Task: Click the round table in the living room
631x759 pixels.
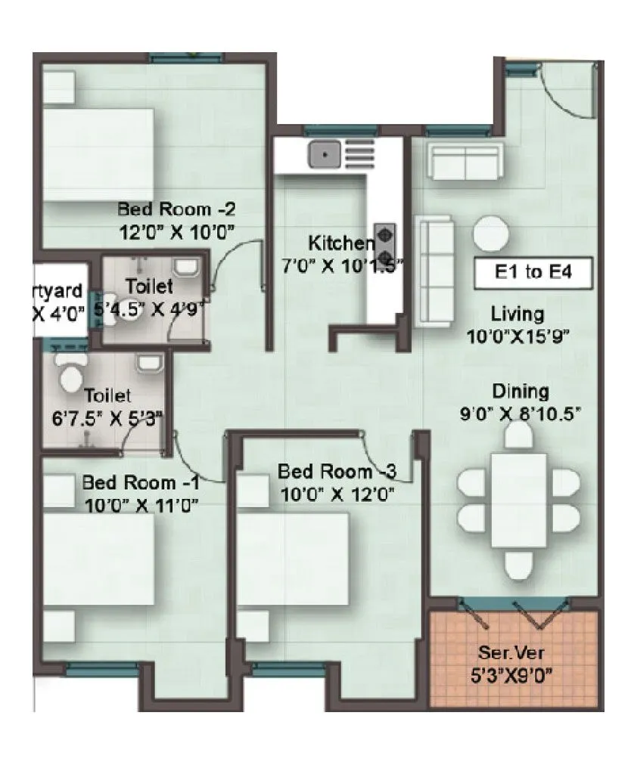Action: coord(493,234)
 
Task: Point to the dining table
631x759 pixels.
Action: coord(518,500)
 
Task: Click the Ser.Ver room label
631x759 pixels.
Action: coord(514,652)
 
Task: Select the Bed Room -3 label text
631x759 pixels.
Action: coord(337,472)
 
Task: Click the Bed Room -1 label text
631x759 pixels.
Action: coord(141,482)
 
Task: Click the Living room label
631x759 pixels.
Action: coord(517,313)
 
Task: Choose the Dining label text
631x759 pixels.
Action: coord(520,392)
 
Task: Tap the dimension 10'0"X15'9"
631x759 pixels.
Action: coord(518,336)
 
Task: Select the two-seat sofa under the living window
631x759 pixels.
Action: coord(464,161)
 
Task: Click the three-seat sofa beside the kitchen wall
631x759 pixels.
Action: coord(435,271)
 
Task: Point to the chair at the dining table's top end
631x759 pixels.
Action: coord(519,435)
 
